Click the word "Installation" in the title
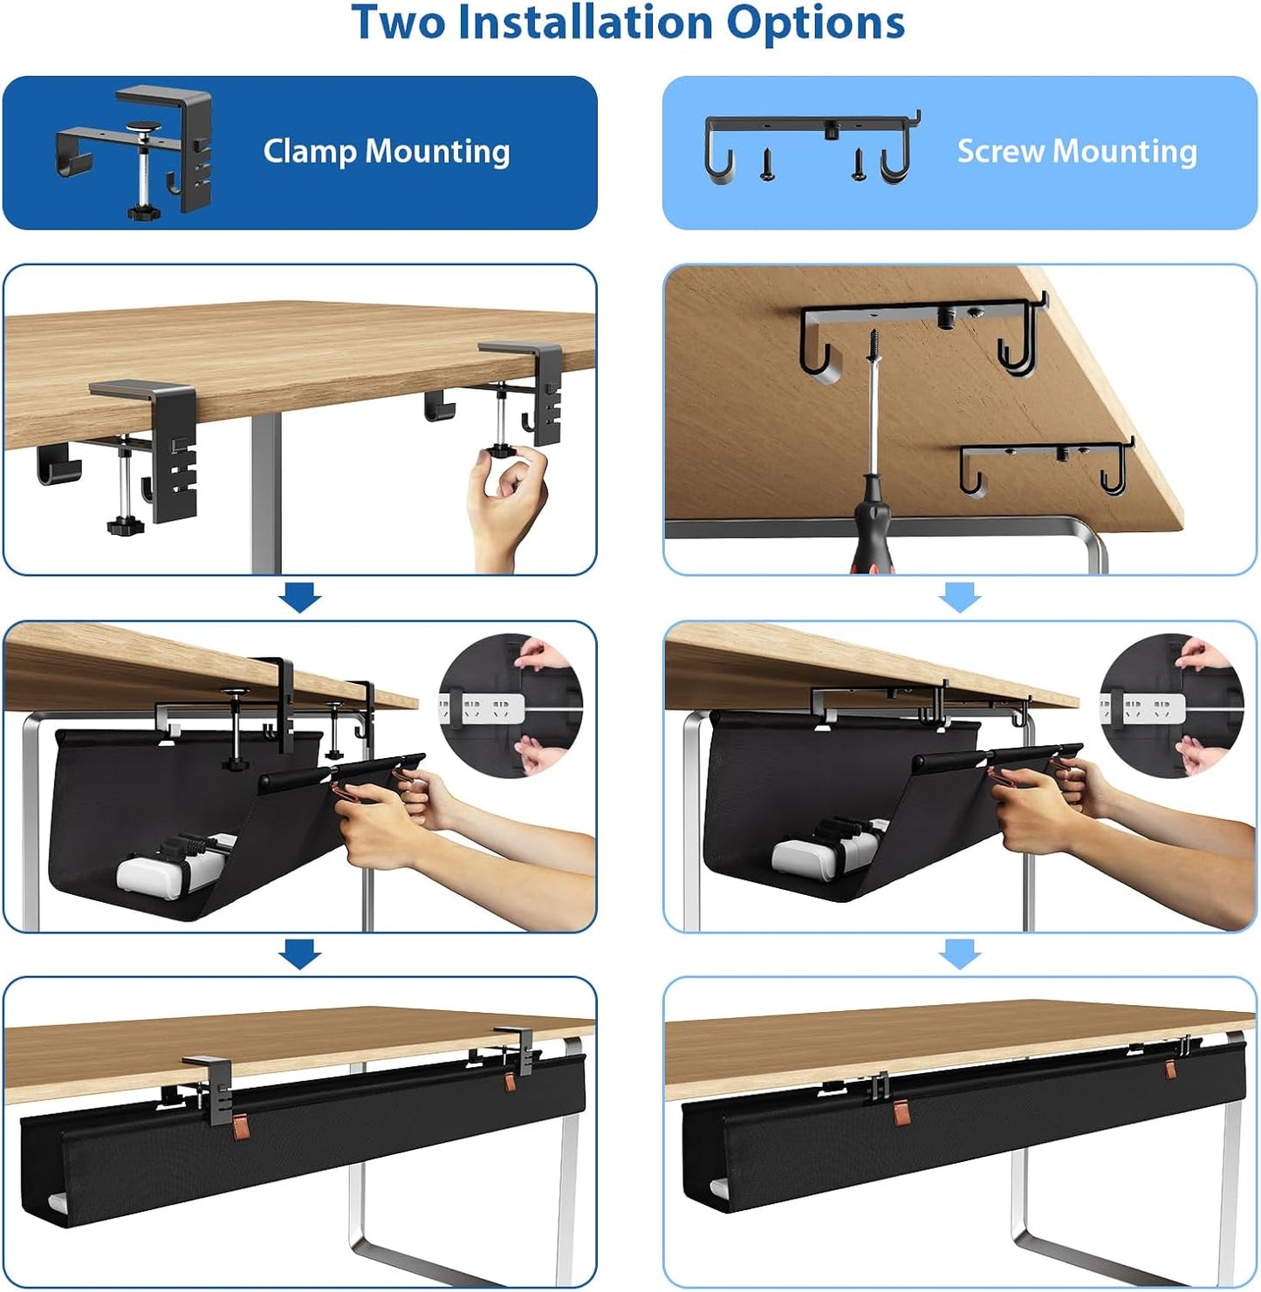click(x=585, y=23)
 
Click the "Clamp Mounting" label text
click(x=387, y=152)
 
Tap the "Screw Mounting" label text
click(x=1077, y=152)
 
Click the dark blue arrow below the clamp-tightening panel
click(x=300, y=598)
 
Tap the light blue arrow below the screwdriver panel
click(x=960, y=598)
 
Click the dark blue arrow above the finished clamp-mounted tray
click(x=300, y=954)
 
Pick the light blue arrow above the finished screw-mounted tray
click(x=960, y=954)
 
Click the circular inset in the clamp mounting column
click(x=511, y=706)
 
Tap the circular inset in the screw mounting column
click(x=1171, y=706)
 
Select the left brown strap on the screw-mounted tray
click(x=902, y=1113)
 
